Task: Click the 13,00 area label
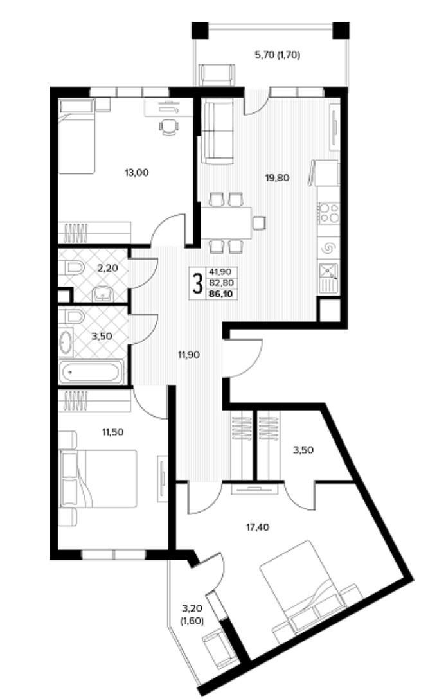[x=137, y=173]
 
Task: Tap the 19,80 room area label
[x=278, y=178]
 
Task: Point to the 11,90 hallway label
[x=188, y=355]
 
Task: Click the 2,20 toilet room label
[x=107, y=268]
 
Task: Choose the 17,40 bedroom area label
[x=258, y=527]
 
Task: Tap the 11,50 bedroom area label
[x=113, y=432]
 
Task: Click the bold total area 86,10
[x=222, y=294]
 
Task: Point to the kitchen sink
[x=328, y=273]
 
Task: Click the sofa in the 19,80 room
[x=218, y=131]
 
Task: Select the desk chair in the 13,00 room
[x=169, y=127]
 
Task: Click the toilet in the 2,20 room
[x=75, y=268]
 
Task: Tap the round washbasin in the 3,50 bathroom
[x=66, y=342]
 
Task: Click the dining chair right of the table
[x=259, y=222]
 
